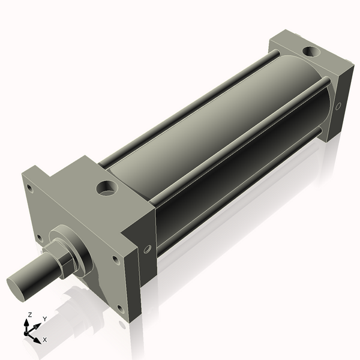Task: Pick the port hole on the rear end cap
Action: pyautogui.click(x=310, y=52)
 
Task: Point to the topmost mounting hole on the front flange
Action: pyautogui.click(x=29, y=187)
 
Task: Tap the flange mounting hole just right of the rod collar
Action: pyautogui.click(x=112, y=259)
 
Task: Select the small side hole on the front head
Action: pyautogui.click(x=147, y=249)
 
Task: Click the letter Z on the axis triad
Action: pyautogui.click(x=29, y=314)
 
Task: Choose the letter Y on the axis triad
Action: pyautogui.click(x=44, y=319)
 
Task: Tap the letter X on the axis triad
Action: pyautogui.click(x=45, y=340)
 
